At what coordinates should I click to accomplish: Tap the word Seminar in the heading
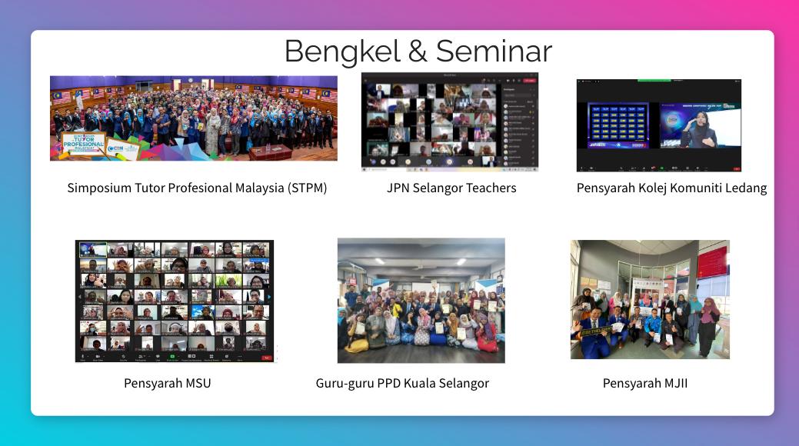coord(494,52)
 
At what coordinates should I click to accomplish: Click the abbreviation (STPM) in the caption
coord(308,188)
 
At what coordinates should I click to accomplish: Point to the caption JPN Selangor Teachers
coord(451,188)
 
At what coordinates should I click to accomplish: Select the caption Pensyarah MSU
coord(167,383)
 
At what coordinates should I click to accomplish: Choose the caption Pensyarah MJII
coord(645,383)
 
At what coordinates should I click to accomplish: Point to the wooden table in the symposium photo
coord(270,151)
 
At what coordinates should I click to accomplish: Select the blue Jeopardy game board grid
coord(618,125)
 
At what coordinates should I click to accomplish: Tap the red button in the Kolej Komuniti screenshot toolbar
coord(736,168)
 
